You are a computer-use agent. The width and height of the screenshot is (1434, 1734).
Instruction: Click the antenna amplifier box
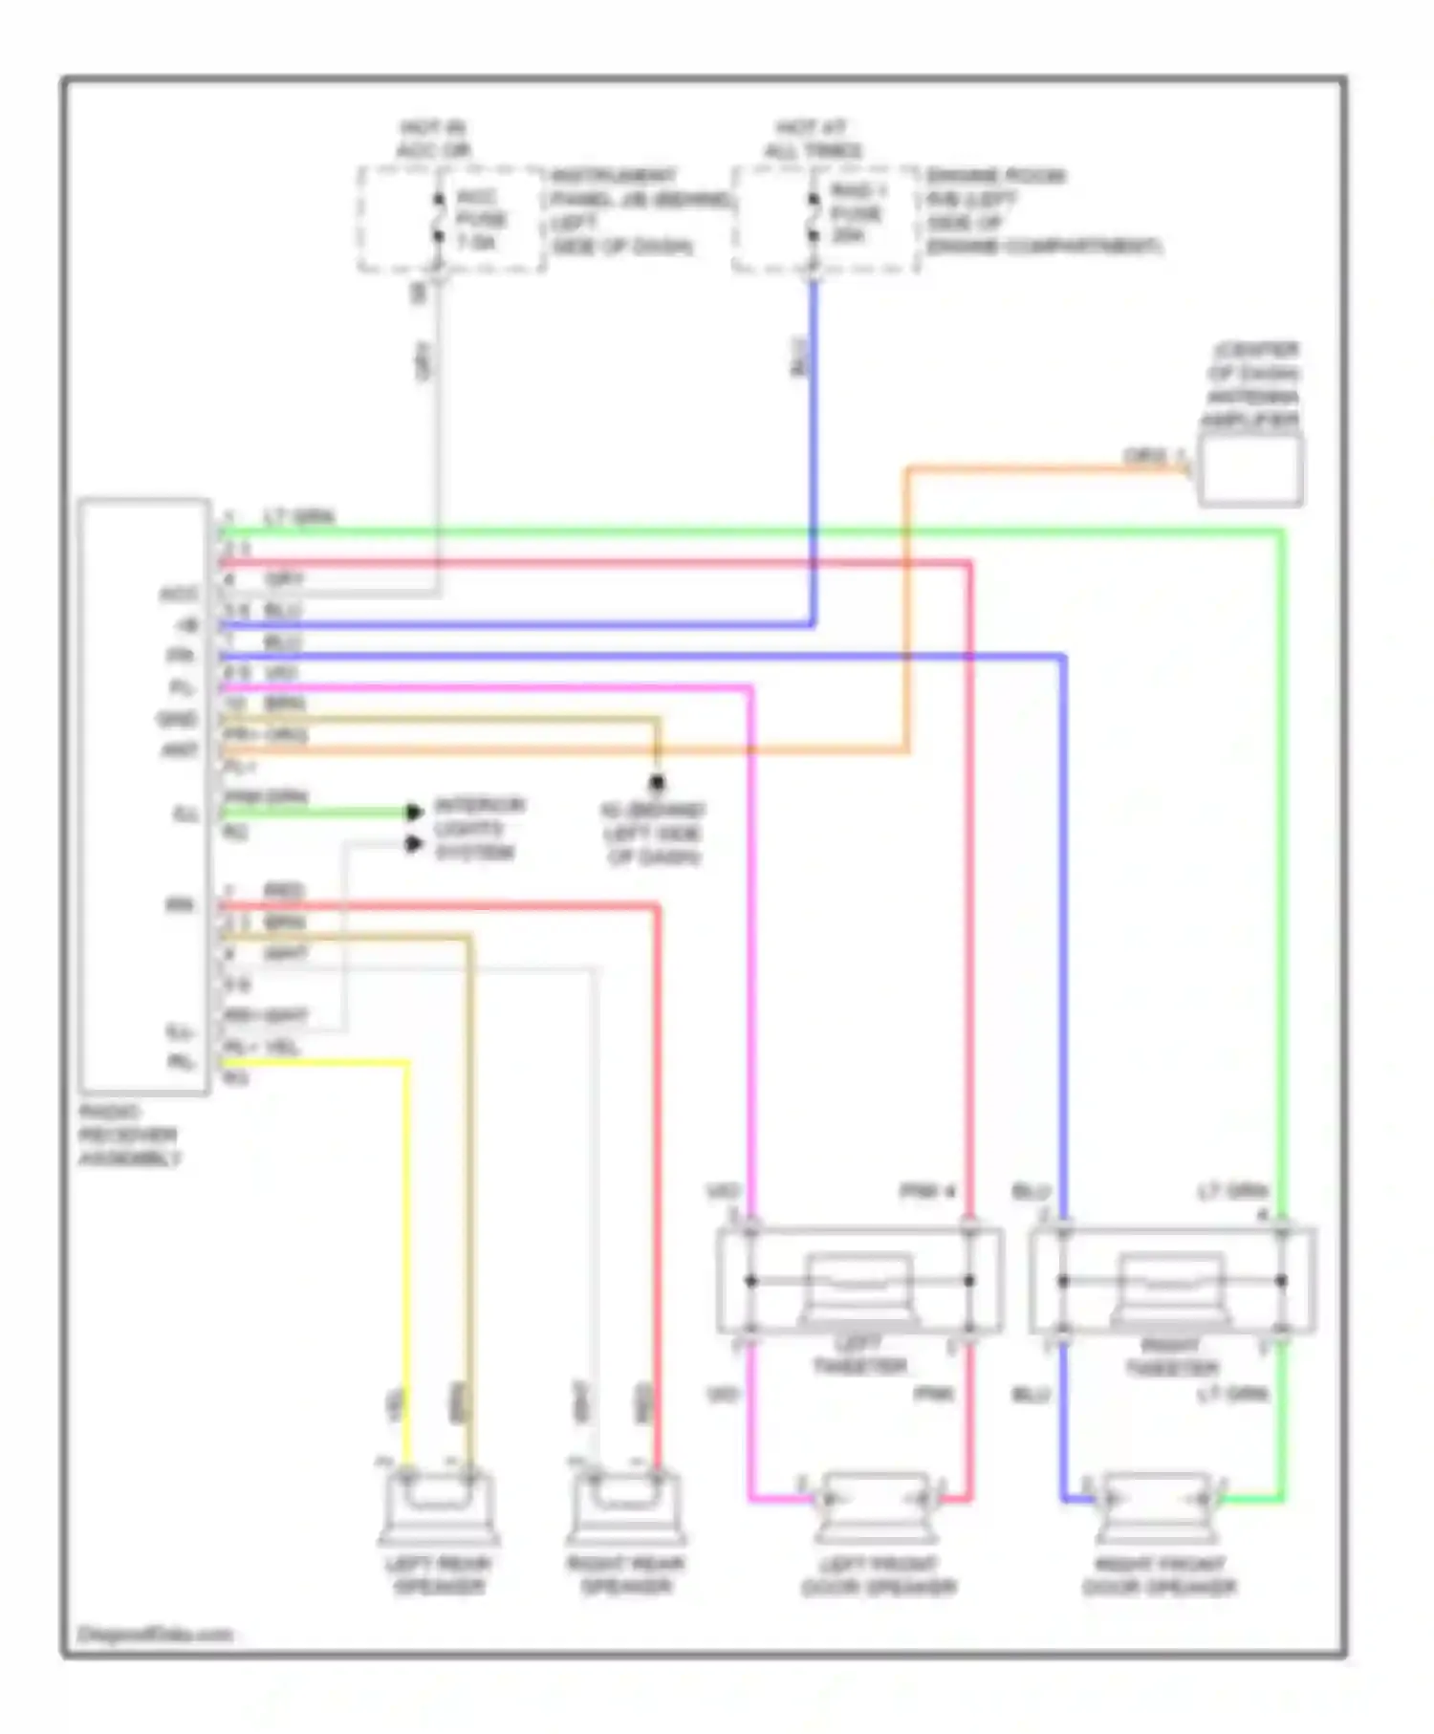(x=1250, y=469)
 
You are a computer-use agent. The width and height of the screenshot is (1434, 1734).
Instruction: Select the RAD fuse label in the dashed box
(x=856, y=213)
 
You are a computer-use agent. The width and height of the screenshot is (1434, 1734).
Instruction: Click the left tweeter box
(x=859, y=1281)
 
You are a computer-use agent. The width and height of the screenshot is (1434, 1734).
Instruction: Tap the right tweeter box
(x=1172, y=1281)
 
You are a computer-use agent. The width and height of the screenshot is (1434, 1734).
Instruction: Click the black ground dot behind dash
(x=657, y=784)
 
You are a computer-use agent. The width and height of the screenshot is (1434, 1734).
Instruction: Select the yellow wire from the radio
(x=315, y=1062)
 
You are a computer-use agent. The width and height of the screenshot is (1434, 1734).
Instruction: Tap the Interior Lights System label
(x=478, y=829)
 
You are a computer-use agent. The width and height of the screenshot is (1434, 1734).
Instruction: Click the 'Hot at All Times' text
(x=813, y=140)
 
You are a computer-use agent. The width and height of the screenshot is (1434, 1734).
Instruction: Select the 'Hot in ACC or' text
(x=434, y=140)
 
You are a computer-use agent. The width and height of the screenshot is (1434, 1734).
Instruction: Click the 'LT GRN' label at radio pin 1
(x=299, y=518)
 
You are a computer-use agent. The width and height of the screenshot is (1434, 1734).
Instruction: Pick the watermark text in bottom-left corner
(x=155, y=1635)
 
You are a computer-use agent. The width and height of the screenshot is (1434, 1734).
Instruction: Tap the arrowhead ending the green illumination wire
(x=414, y=813)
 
